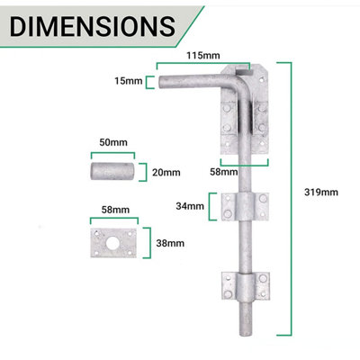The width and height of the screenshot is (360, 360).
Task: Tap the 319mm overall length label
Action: [321, 191]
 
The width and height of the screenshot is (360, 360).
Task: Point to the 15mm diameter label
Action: [129, 82]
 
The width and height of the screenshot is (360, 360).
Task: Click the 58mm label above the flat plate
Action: [112, 209]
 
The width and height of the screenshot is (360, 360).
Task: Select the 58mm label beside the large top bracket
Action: [225, 171]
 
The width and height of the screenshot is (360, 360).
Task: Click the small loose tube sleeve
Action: [112, 170]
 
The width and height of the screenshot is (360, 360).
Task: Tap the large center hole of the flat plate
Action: [113, 241]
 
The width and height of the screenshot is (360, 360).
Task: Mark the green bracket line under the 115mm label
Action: [202, 65]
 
